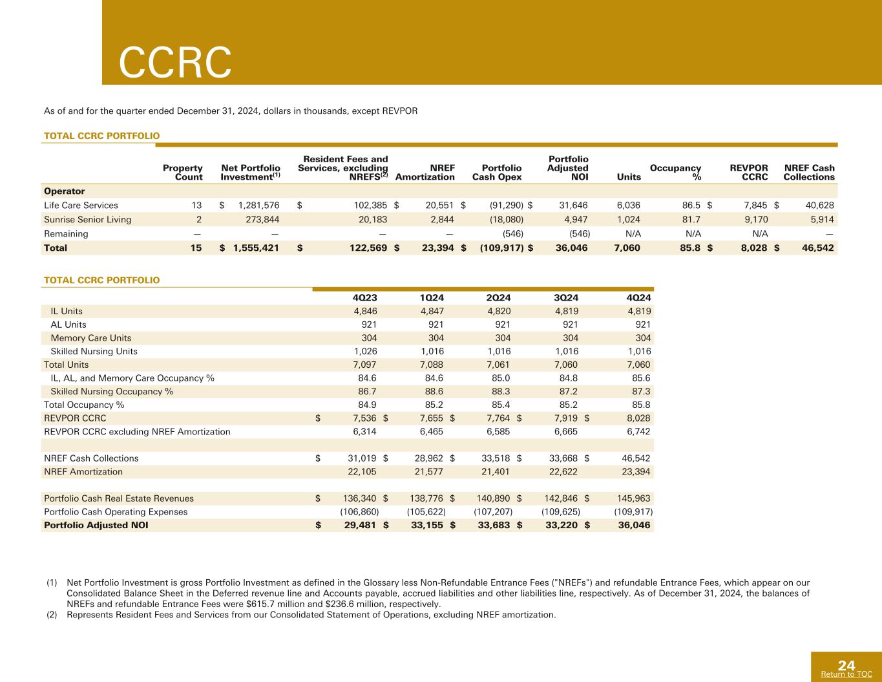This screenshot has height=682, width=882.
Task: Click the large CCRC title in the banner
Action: pos(175,62)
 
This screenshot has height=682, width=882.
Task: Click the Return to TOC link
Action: pos(846,674)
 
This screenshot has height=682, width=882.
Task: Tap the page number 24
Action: pos(846,665)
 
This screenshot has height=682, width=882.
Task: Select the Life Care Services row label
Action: pos(81,206)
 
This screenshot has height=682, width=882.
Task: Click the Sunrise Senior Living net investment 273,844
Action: pos(262,220)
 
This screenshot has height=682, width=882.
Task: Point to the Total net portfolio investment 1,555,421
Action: pos(256,248)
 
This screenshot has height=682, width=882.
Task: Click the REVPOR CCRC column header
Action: pos(748,173)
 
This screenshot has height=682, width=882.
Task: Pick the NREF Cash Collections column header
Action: pos(809,173)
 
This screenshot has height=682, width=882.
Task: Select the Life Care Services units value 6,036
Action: pos(628,206)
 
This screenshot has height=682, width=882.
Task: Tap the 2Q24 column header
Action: pos(498,297)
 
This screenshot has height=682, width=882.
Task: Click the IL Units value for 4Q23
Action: pos(365,311)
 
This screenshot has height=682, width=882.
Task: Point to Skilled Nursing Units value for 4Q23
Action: pos(365,351)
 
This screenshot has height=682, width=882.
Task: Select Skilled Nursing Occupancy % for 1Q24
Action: pos(434,391)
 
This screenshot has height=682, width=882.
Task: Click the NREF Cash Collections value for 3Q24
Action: pos(563,458)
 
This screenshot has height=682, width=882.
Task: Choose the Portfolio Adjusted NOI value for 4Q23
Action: pos(359,526)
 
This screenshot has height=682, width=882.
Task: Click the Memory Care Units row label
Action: pos(91,337)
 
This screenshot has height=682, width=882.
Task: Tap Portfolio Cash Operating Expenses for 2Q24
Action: pos(493,512)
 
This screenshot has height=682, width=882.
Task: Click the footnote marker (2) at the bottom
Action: pos(52,615)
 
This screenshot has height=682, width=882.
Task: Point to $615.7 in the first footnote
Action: pos(260,604)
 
